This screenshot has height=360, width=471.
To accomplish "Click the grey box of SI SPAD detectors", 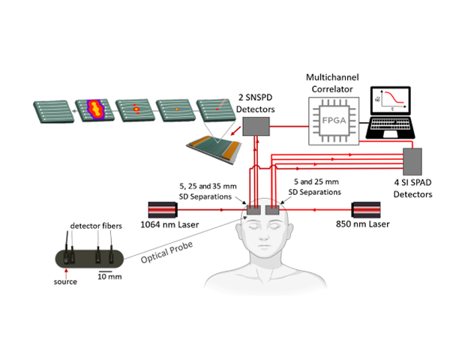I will pos(412,166).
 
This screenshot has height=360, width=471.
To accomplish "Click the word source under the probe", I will pos(65,282).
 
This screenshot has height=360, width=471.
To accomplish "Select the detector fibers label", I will pos(94,226).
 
